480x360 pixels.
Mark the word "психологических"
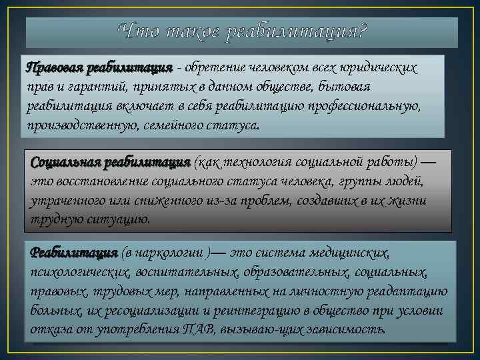(x=79, y=273)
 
